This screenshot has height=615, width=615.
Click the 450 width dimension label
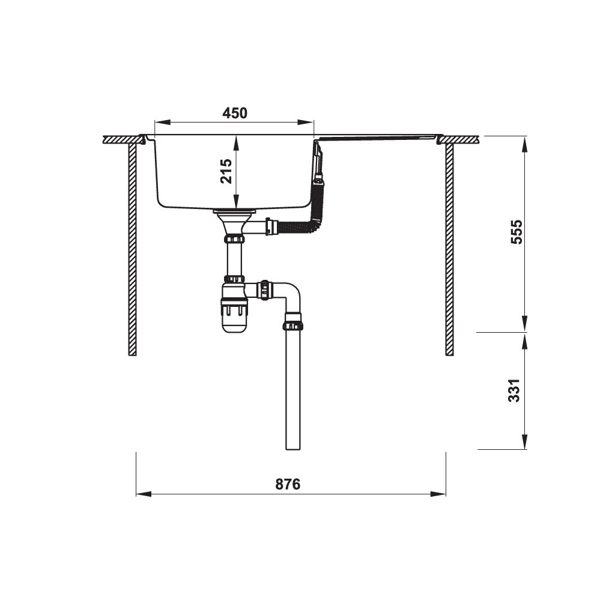(234, 113)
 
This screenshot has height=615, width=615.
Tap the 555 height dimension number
(515, 234)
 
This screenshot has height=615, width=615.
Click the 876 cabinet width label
(288, 485)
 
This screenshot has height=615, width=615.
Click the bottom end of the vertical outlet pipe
(293, 447)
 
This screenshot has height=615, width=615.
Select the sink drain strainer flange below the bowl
(234, 211)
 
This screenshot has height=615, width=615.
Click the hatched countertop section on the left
(123, 139)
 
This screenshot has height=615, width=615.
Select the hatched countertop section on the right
(460, 139)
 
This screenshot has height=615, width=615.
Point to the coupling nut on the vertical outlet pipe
(293, 326)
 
